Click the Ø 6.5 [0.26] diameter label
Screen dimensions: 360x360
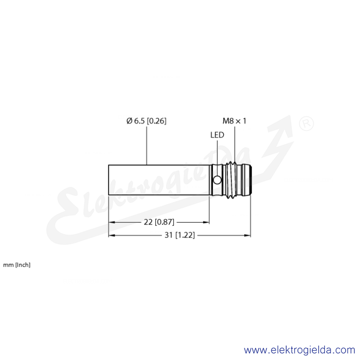pos(146,121)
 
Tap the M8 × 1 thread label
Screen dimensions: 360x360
pos(234,121)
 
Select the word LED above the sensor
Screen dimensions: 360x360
pos(217,135)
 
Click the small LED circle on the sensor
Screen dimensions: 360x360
pos(217,180)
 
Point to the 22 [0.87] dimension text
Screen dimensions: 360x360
pos(159,222)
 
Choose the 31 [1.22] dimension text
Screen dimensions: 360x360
pos(180,235)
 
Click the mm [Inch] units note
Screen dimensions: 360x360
pos(17,265)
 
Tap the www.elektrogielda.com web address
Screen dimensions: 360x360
pos(299,350)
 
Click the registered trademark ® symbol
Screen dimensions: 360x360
pos(306,124)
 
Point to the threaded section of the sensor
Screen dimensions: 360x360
pos(231,180)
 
